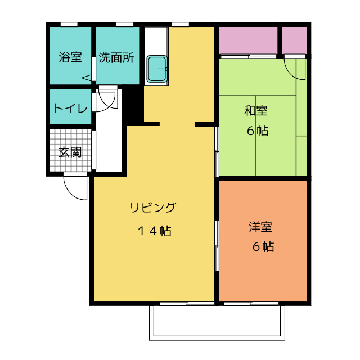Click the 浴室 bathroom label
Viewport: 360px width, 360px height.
pos(70,57)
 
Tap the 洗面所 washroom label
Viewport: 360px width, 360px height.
pos(116,57)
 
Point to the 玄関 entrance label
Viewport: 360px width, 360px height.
pos(70,152)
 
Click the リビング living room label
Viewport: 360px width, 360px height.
pos(153,207)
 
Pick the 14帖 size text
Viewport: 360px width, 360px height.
pos(155,231)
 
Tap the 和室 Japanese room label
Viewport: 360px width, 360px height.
pos(256,110)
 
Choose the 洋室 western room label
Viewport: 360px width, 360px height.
pos(260,227)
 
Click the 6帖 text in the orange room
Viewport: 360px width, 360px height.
pos(263,247)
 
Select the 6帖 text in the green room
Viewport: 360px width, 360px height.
pos(258,131)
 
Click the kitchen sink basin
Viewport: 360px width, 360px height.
pos(157,69)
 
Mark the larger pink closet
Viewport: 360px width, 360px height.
pos(249,40)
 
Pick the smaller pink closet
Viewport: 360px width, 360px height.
pos(294,40)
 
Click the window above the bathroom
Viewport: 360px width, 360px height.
pos(69,24)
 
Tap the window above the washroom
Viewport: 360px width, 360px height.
pos(125,24)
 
